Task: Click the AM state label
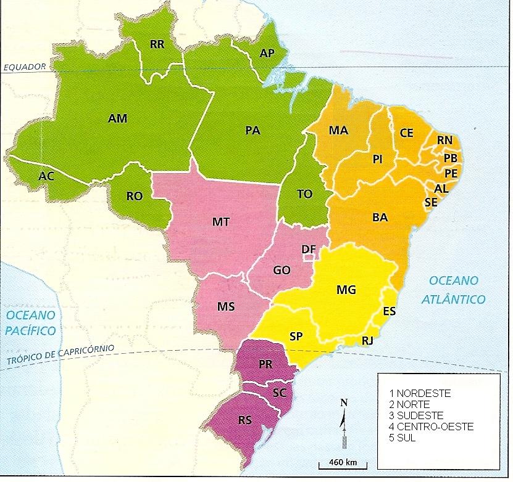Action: pos(117,118)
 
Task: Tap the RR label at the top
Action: pos(157,44)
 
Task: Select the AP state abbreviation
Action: pos(267,54)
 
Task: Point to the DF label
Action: pos(309,248)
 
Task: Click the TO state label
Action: pos(304,194)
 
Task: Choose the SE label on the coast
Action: pos(431,202)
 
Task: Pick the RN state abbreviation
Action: pos(444,141)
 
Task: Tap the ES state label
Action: pos(390,311)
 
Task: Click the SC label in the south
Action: pos(279,392)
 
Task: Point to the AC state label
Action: pos(46,176)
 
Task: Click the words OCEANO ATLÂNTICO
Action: pos(453,290)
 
